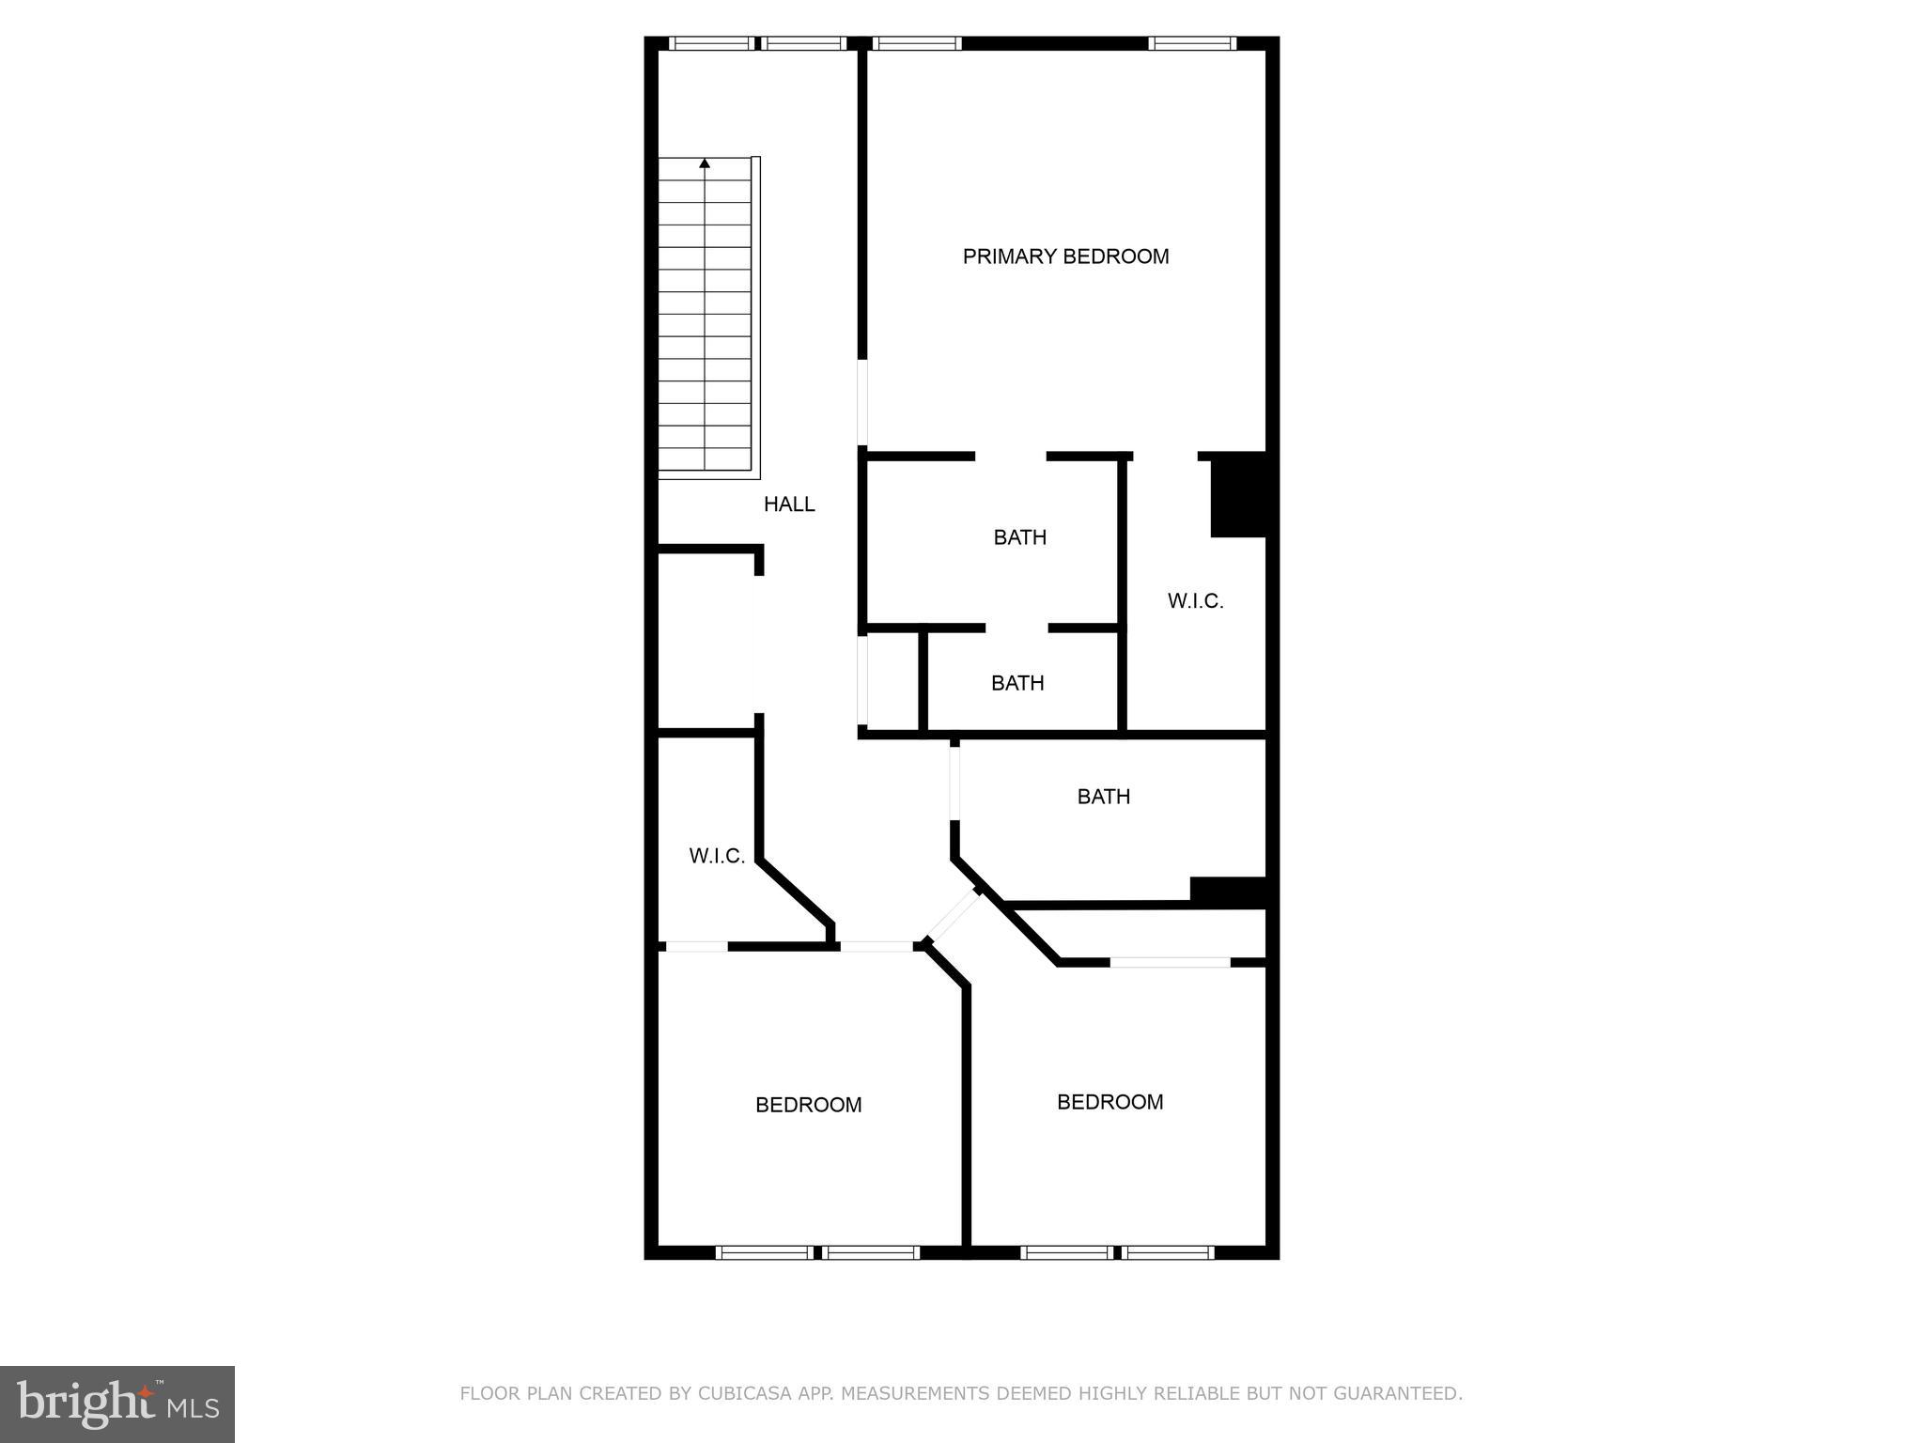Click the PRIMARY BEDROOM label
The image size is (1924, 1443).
click(1065, 256)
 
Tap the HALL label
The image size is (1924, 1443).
click(789, 504)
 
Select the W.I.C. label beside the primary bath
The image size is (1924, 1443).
click(1195, 601)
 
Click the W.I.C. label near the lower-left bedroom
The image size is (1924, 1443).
click(717, 856)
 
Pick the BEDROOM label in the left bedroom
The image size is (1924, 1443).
click(808, 1105)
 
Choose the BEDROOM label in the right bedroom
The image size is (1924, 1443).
click(1109, 1102)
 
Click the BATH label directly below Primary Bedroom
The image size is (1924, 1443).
click(1019, 537)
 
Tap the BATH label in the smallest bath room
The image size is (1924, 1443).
click(1017, 683)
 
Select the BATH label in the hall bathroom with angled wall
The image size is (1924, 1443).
click(1103, 797)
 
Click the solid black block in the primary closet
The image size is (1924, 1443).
click(1237, 495)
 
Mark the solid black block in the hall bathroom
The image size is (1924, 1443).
click(1227, 892)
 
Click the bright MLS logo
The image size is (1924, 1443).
click(117, 1404)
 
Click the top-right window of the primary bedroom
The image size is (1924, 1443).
click(1192, 43)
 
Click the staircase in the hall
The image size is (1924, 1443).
click(706, 318)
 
